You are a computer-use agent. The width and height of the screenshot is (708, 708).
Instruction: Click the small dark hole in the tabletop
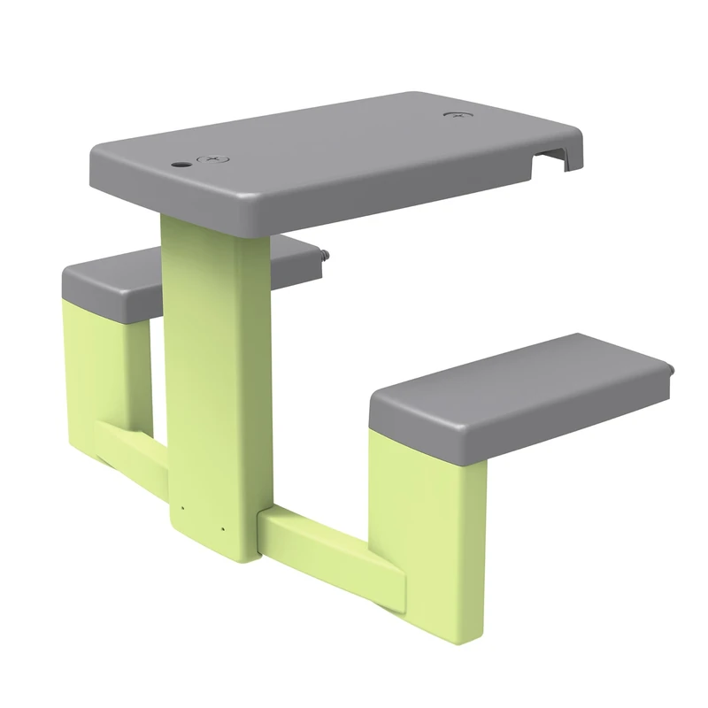(x=181, y=165)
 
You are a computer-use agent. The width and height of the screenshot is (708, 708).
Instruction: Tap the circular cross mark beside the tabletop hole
(x=212, y=160)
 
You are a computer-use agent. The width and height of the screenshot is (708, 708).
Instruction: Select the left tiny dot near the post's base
(x=182, y=508)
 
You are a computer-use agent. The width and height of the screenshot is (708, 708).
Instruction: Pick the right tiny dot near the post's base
(x=223, y=530)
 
